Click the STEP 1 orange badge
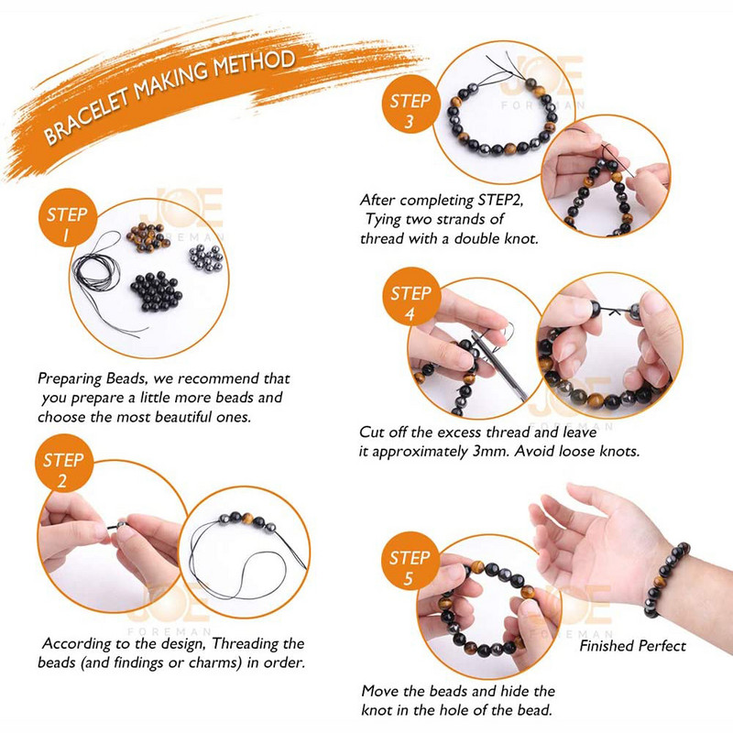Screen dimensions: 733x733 [67, 218]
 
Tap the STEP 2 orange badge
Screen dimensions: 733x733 [63, 463]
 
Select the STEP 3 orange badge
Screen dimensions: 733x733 [410, 104]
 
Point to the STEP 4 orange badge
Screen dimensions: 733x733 [410, 296]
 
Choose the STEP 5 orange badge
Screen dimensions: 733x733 [410, 561]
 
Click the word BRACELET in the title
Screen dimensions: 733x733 [85, 116]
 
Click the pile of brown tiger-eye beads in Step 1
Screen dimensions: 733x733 [148, 236]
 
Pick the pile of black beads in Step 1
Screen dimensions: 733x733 [155, 291]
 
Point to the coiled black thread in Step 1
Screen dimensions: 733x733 [97, 273]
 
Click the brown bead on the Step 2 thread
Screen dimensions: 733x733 [247, 519]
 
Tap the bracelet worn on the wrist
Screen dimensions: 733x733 [667, 579]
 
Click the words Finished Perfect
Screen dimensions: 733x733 [632, 646]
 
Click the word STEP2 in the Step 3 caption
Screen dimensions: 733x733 [499, 200]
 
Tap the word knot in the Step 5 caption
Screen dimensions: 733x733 [377, 710]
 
